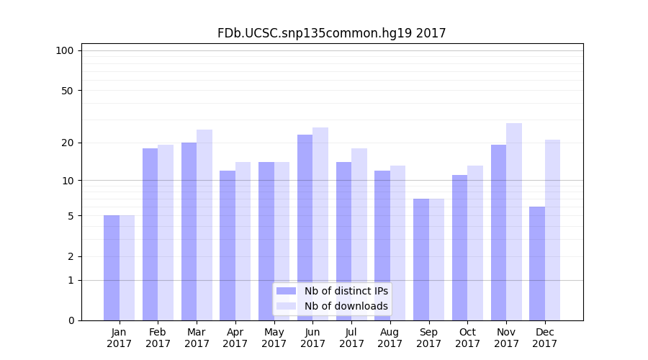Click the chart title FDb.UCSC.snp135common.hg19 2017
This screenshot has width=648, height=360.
coord(331,33)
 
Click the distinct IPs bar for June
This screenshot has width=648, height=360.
coord(305,228)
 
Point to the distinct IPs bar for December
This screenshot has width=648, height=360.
coord(537,264)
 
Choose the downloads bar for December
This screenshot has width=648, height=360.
coord(552,230)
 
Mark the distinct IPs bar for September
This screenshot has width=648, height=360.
coord(421,259)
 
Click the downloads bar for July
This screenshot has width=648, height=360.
coord(359,234)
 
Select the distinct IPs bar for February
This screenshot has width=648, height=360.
coord(150,234)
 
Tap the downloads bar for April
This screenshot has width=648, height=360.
coord(243,241)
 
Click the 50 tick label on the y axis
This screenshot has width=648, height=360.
coord(68,91)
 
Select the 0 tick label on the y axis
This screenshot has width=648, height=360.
coord(71,320)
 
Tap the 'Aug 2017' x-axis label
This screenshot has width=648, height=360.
coord(390,338)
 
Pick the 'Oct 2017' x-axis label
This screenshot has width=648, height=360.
coord(467,338)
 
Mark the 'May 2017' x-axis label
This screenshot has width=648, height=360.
coord(274,338)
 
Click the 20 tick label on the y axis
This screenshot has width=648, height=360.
coord(68,143)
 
